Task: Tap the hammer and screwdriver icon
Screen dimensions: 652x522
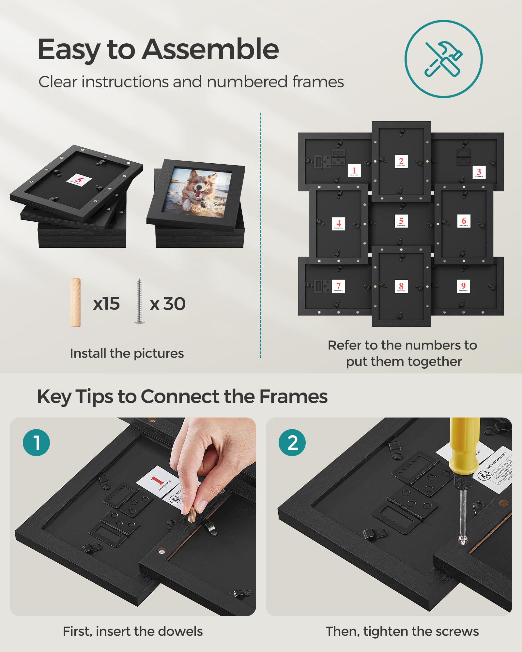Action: pos(443,59)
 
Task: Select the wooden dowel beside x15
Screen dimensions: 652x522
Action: pos(75,302)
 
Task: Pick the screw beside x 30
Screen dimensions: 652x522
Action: pos(139,302)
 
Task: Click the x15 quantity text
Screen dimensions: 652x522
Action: pos(106,304)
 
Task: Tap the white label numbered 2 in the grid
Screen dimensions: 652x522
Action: pos(401,161)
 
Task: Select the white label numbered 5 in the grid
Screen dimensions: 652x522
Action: pos(401,221)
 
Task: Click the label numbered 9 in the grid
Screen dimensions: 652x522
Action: pos(463,286)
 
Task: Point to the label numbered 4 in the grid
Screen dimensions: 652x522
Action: pos(338,224)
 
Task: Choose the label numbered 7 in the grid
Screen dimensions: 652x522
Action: pos(338,286)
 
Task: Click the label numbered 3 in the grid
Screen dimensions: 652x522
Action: pos(479,172)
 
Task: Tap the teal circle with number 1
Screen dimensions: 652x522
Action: pos(36,443)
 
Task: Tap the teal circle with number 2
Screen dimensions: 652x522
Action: pos(292,443)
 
